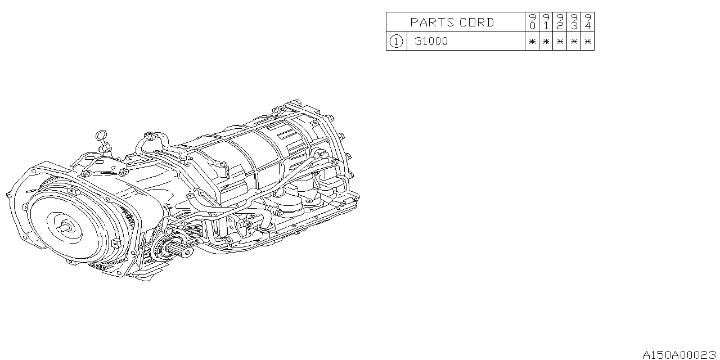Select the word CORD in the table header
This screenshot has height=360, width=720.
[477, 22]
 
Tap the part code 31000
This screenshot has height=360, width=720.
[431, 41]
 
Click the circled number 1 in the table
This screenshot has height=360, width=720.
[397, 41]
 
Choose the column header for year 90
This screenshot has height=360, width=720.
[532, 22]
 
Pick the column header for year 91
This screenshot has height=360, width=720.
[546, 22]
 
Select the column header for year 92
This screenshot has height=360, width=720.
[560, 22]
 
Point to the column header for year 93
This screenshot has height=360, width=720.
[574, 22]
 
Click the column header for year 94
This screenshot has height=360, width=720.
[587, 22]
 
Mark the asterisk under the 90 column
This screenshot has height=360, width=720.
[532, 41]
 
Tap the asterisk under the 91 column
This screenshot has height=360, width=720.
[546, 41]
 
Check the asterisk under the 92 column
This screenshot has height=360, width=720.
[560, 41]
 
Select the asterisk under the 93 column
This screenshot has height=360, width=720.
[574, 41]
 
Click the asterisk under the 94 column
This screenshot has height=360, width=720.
[587, 41]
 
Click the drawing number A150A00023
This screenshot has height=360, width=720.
[679, 354]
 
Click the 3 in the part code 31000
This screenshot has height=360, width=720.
[418, 41]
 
